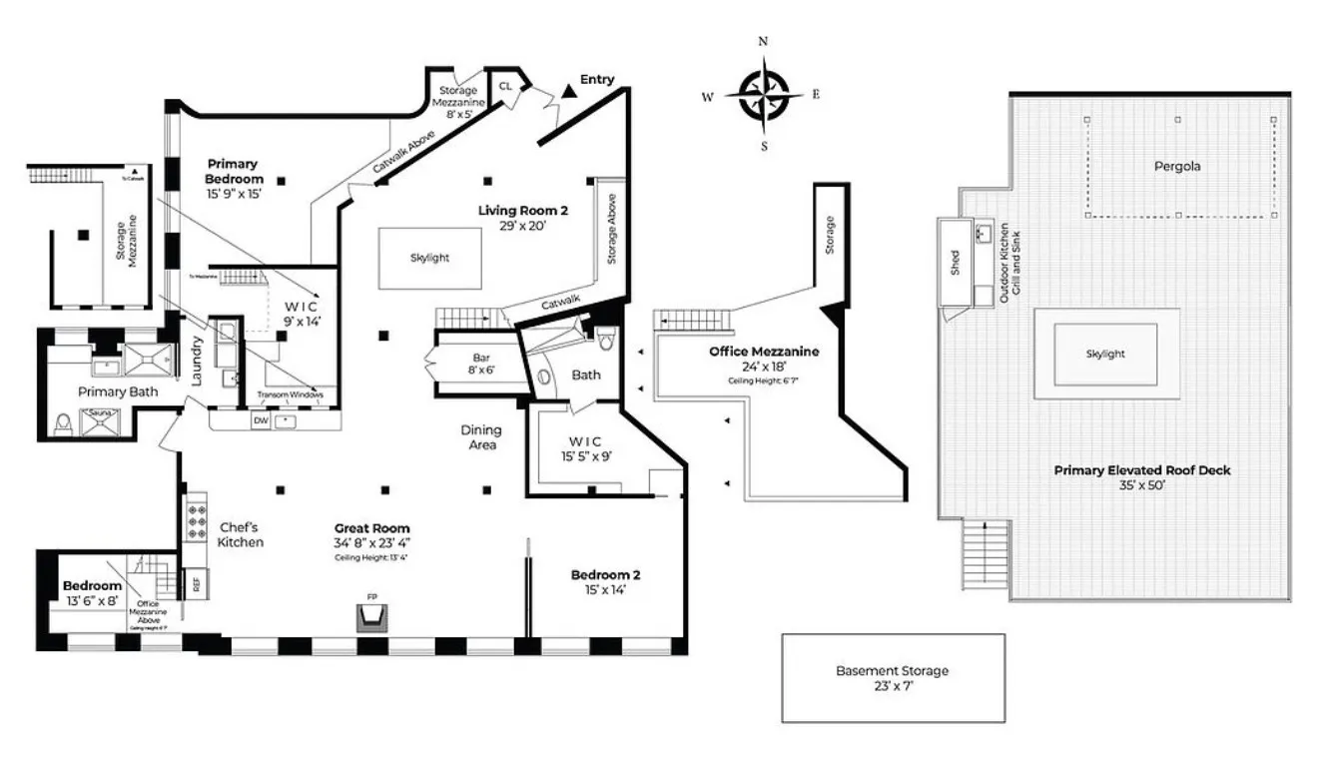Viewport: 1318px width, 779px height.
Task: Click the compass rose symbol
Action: tap(764, 93)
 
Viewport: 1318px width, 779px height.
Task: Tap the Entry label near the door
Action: tap(597, 80)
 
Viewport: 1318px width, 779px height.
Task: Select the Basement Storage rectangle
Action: tap(893, 678)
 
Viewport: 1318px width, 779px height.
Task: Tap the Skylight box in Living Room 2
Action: tap(430, 258)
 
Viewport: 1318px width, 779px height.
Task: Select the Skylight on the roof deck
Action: tap(1105, 354)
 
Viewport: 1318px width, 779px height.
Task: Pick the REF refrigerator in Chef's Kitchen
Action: tap(196, 583)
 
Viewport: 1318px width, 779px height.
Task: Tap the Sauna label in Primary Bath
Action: tap(99, 411)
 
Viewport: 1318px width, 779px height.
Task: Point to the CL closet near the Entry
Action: tap(505, 87)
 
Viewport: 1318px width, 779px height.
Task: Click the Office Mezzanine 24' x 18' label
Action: tap(764, 359)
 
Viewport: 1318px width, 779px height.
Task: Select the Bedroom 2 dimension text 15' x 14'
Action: tap(605, 590)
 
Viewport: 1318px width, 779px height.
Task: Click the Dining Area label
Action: tap(481, 437)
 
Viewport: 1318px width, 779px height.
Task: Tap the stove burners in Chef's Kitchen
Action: tap(193, 519)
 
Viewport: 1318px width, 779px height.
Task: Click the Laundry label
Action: tap(198, 362)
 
